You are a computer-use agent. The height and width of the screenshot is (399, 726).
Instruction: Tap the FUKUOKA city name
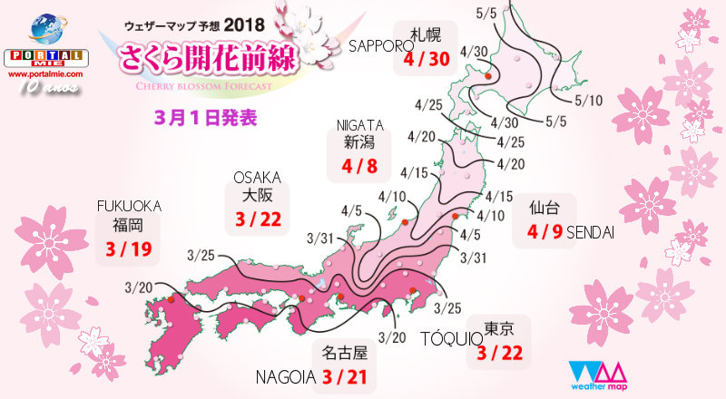[129, 205]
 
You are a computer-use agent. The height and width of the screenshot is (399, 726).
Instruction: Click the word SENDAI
[591, 233]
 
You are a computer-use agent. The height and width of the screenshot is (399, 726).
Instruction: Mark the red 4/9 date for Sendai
[544, 232]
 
